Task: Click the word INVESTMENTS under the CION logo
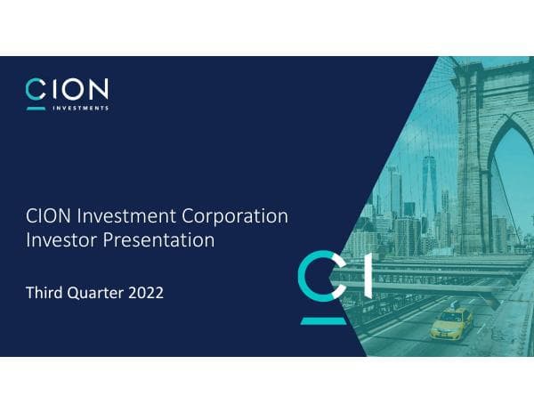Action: tap(77, 109)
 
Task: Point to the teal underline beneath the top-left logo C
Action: tap(36, 109)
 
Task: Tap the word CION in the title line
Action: tap(46, 216)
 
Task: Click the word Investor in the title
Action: tap(61, 240)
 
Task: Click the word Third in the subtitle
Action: tap(46, 291)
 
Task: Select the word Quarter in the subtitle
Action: tap(99, 292)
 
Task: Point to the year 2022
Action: tap(146, 291)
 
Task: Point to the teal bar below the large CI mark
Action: tap(323, 319)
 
